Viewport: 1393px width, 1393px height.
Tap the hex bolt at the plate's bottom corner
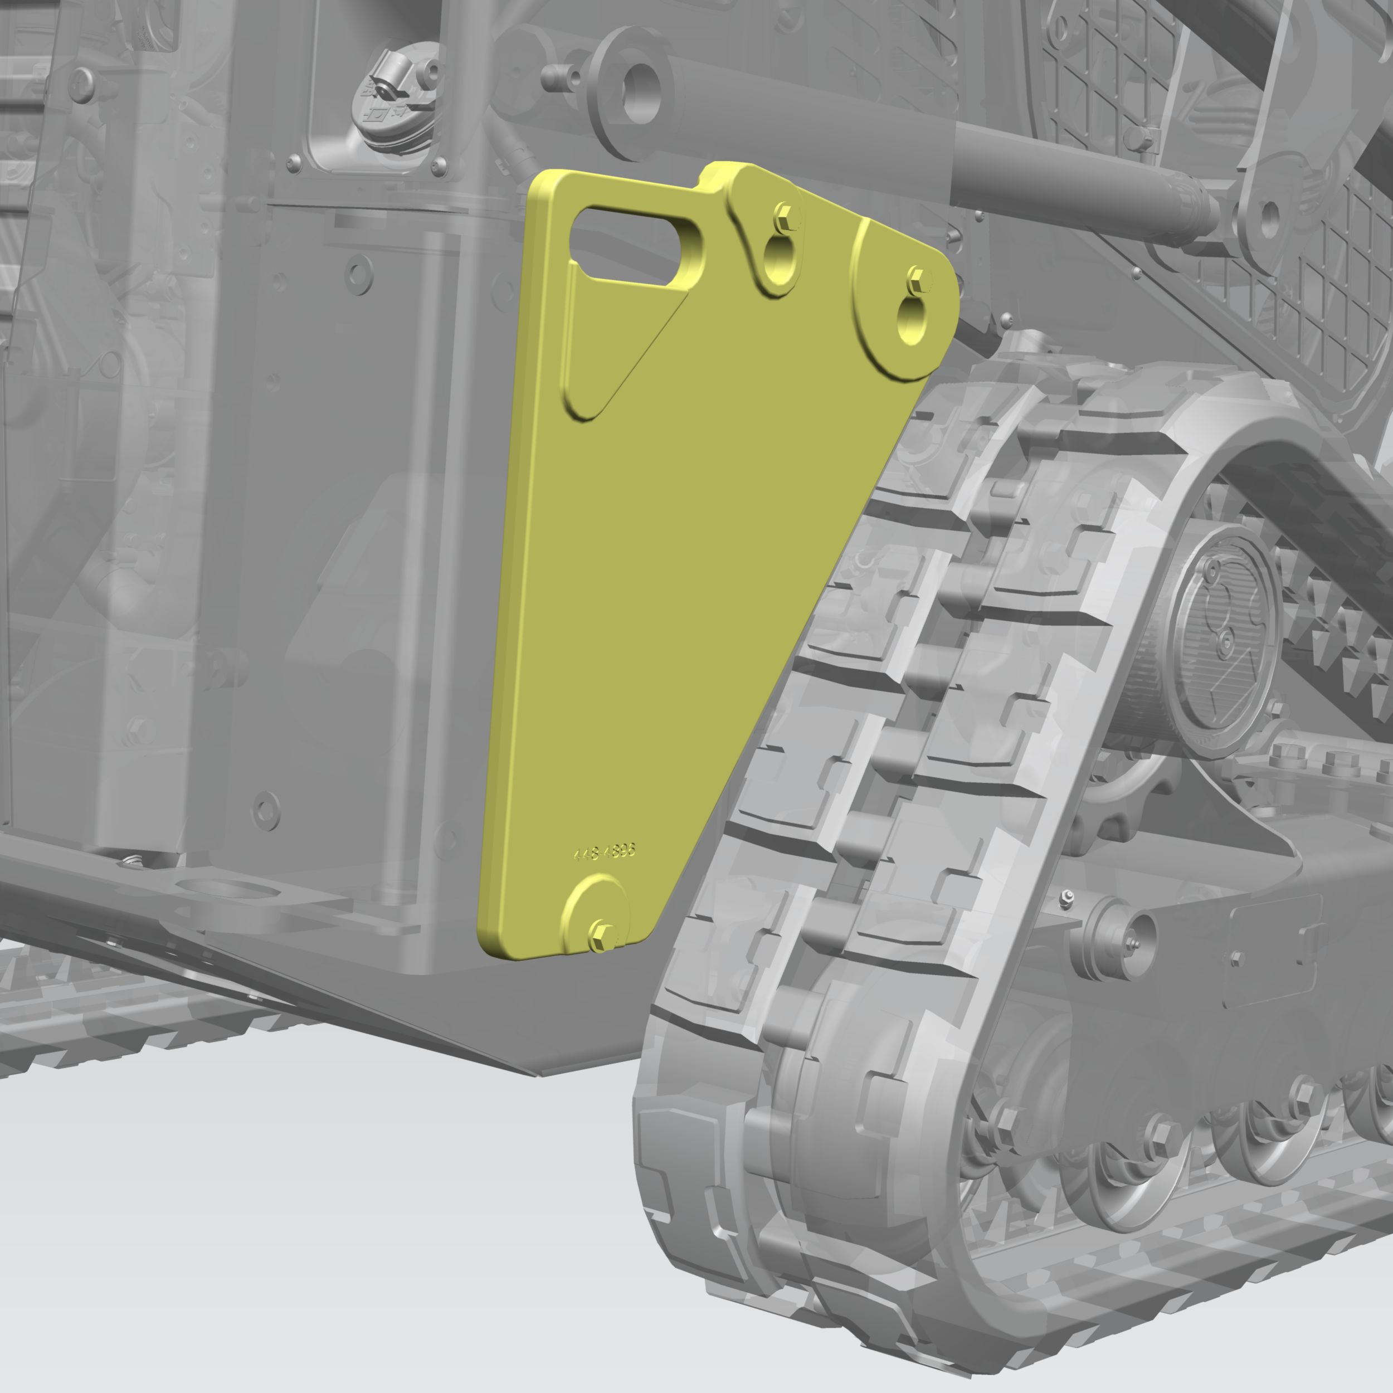coord(602,936)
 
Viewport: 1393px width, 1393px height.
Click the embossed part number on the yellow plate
coord(604,853)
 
